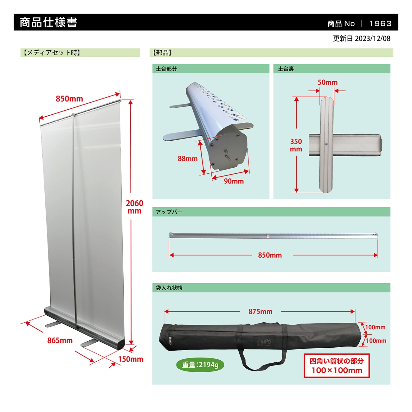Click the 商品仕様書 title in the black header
point(48,23)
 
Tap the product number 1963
point(380,23)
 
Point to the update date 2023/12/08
point(362,39)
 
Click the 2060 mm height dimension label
point(134,207)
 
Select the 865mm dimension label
point(60,340)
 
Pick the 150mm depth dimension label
point(131,359)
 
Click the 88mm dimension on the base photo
point(187,158)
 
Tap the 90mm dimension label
point(234,181)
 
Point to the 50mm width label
point(327,82)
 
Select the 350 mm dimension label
point(296,145)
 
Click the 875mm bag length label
point(260,312)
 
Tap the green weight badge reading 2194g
point(200,365)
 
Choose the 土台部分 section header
point(166,69)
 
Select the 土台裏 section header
point(286,69)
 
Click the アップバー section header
point(169,212)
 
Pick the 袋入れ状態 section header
point(169,288)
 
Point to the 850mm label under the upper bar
point(270,255)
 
